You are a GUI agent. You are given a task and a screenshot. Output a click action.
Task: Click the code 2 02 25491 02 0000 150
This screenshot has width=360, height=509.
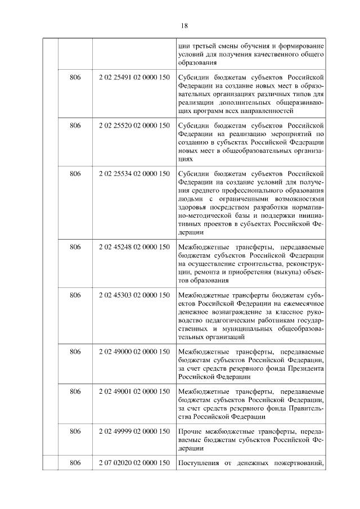[x=134, y=77]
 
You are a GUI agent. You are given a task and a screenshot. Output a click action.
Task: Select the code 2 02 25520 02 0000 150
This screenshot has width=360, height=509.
[x=134, y=125]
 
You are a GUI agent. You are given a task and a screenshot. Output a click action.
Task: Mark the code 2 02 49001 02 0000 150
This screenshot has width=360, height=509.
[x=134, y=391]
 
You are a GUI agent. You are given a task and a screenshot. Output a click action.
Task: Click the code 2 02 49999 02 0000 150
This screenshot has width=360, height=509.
[x=134, y=431]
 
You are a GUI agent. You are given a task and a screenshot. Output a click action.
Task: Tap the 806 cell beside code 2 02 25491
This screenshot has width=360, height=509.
[x=75, y=77]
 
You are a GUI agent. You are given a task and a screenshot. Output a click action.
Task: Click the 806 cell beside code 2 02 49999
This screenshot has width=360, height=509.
[x=75, y=431]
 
